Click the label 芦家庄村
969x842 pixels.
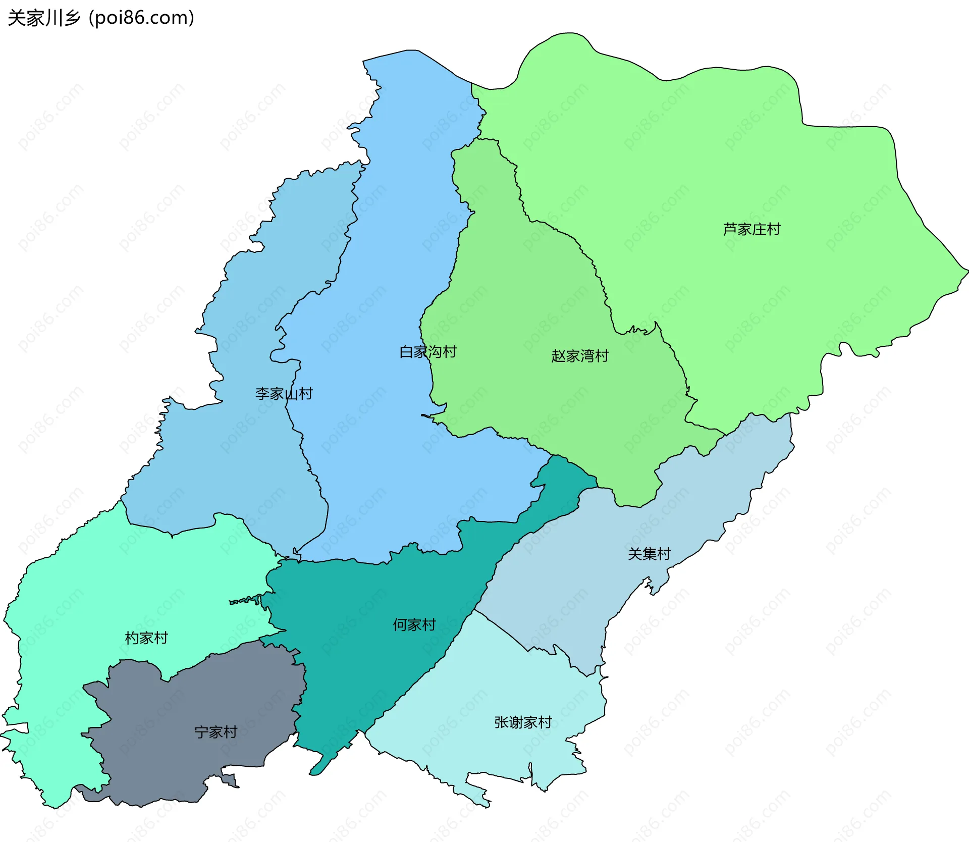click(x=751, y=230)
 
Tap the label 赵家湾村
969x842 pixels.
click(x=580, y=356)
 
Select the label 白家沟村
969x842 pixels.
click(x=427, y=352)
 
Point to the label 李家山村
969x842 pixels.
click(x=284, y=394)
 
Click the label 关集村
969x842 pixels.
click(x=649, y=554)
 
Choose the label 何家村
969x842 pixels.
click(x=414, y=625)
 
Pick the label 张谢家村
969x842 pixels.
click(x=523, y=722)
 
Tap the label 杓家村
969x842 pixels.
click(x=146, y=638)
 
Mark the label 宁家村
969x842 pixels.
click(x=216, y=732)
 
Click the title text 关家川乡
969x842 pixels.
click(x=44, y=18)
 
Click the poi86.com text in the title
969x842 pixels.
click(x=141, y=18)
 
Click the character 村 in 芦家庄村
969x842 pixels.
click(x=773, y=230)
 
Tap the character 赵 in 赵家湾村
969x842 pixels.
click(x=558, y=356)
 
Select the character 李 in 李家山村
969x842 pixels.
click(x=262, y=394)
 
